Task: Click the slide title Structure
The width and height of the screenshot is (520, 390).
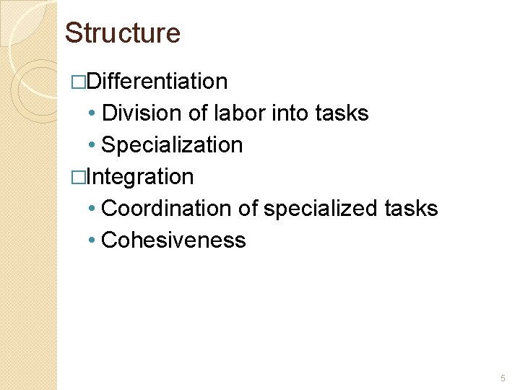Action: pyautogui.click(x=122, y=33)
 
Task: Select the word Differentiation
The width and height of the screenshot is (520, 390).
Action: pyautogui.click(x=157, y=82)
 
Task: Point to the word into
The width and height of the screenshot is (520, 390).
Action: pyautogui.click(x=292, y=113)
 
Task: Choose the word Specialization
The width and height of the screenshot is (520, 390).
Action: pyautogui.click(x=172, y=145)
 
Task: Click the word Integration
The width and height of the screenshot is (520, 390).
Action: pyautogui.click(x=139, y=177)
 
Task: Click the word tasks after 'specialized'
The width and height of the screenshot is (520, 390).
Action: pyautogui.click(x=411, y=209)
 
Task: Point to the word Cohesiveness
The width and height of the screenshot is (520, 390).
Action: pyautogui.click(x=173, y=240)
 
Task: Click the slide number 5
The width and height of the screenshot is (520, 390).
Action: pyautogui.click(x=503, y=378)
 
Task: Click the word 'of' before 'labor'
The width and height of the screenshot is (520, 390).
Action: pyautogui.click(x=198, y=113)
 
